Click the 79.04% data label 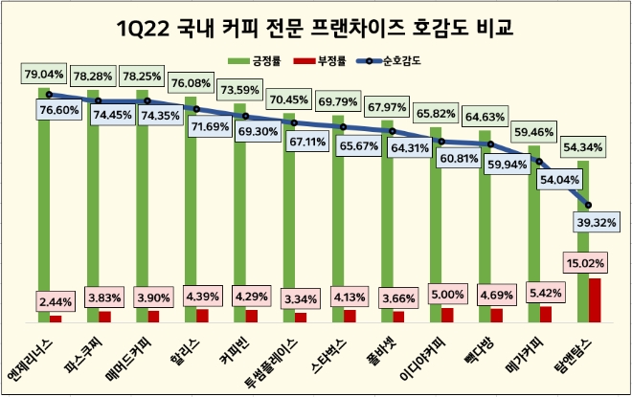click(x=43, y=73)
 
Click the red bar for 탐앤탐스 click(x=595, y=299)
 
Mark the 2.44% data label click(x=56, y=299)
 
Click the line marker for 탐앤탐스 click(x=589, y=204)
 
